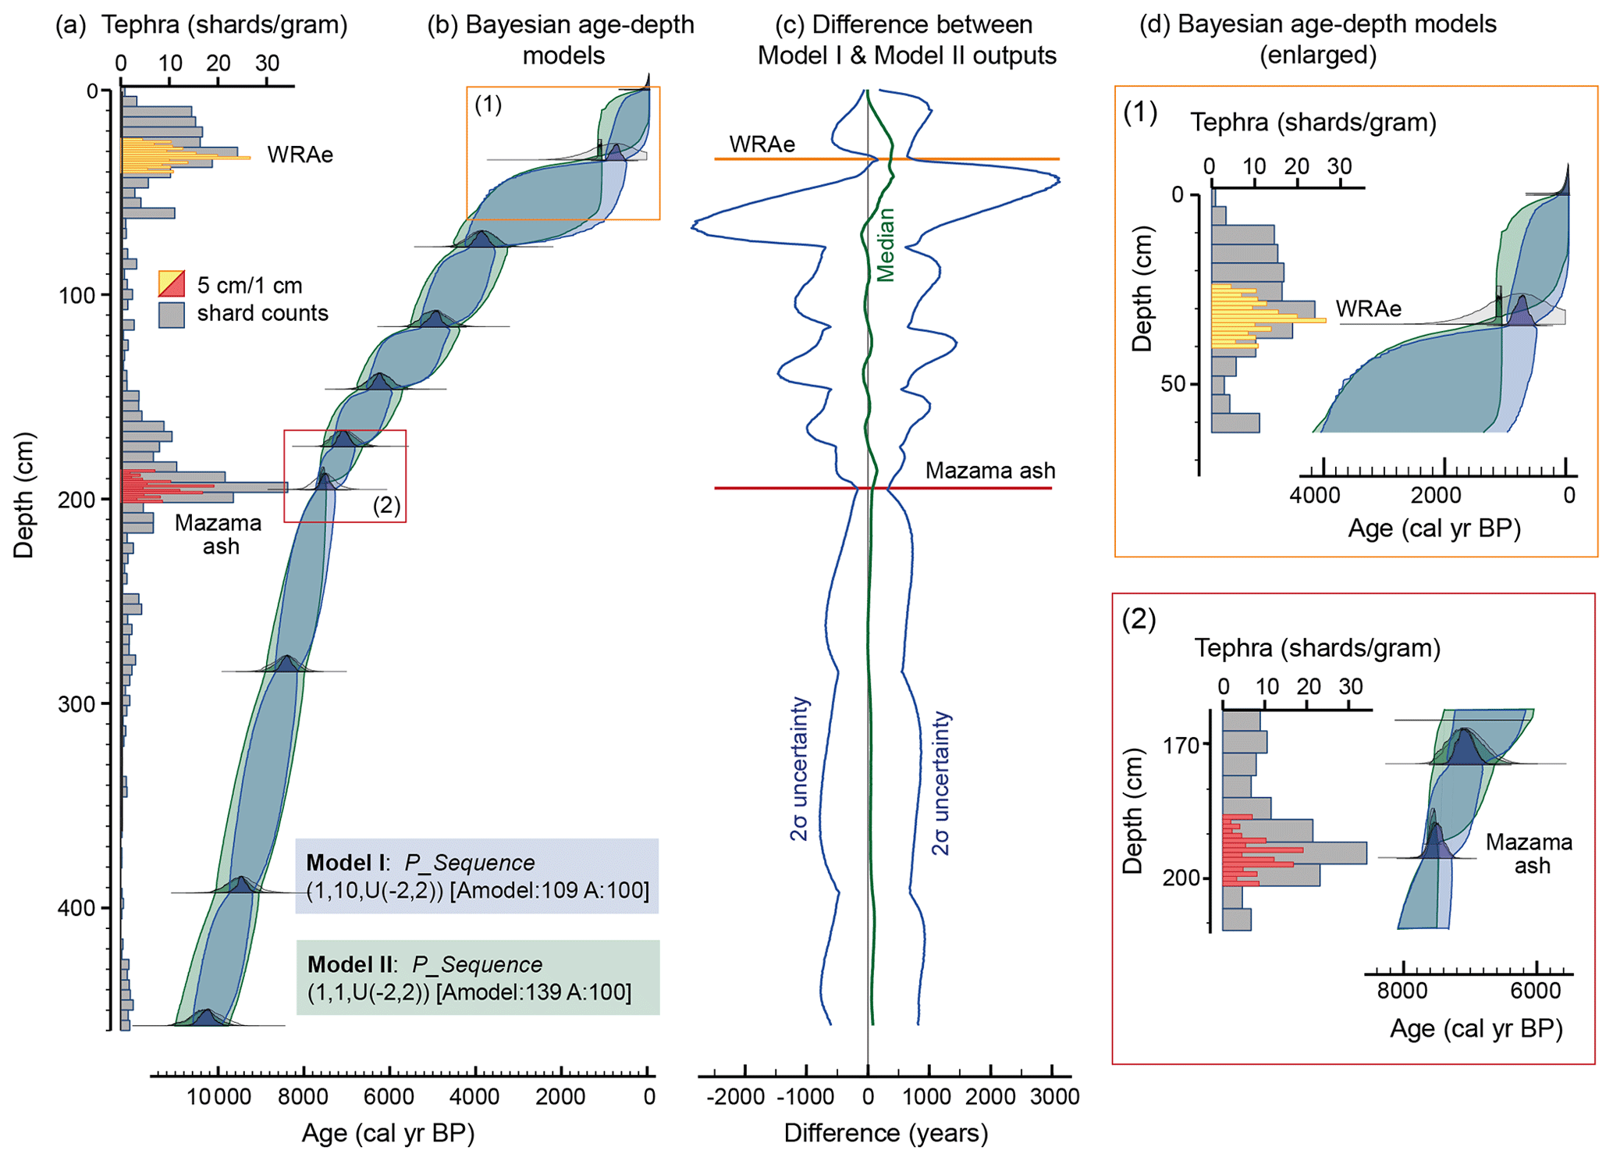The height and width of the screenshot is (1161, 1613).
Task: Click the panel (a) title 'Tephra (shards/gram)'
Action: click(x=224, y=25)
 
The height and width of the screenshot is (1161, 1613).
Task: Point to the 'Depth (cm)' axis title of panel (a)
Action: click(x=24, y=495)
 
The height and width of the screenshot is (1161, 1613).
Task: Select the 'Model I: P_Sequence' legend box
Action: click(x=476, y=875)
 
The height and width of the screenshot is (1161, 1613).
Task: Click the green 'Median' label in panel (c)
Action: click(x=885, y=244)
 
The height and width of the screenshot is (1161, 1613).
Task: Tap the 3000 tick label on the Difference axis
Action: click(x=1054, y=1097)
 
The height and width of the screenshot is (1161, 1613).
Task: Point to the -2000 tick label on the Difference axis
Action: click(x=736, y=1097)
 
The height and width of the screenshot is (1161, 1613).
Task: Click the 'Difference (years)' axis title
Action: click(x=886, y=1133)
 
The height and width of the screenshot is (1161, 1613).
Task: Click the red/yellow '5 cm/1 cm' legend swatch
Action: click(x=172, y=283)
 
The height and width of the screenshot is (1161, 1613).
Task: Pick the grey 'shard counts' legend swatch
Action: click(x=172, y=314)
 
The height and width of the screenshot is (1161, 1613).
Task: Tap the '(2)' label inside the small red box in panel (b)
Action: click(x=386, y=505)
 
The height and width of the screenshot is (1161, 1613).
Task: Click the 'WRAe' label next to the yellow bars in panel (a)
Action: click(x=300, y=155)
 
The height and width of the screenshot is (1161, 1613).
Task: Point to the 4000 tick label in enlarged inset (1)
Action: click(x=1314, y=495)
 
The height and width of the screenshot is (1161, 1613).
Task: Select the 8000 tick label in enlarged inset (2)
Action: click(x=1402, y=991)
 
